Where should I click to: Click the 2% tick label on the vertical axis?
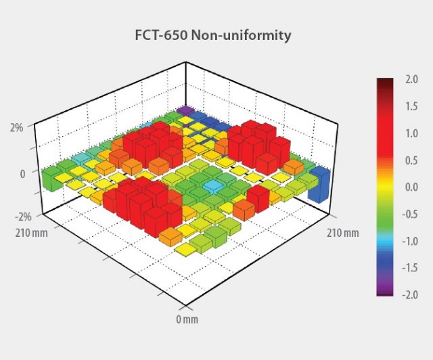click(x=16, y=127)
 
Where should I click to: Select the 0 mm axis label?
click(x=187, y=319)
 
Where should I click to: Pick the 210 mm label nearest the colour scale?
click(x=343, y=233)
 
